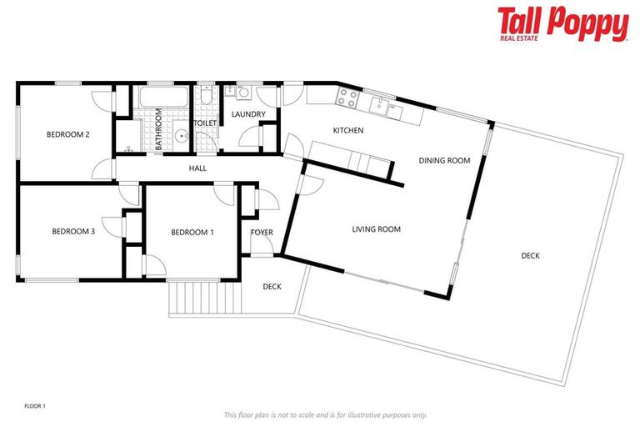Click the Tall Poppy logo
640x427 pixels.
(x=562, y=24)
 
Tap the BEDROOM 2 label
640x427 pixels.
(x=67, y=134)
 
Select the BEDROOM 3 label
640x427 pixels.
(x=73, y=232)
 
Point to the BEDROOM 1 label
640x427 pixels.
(x=192, y=232)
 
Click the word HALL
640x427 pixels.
(x=197, y=168)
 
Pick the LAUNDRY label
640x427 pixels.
(x=248, y=114)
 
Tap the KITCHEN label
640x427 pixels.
(x=348, y=131)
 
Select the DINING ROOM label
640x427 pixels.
(x=444, y=161)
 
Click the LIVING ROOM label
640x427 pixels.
(x=376, y=229)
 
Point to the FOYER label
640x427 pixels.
(x=262, y=232)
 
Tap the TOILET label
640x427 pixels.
(x=205, y=123)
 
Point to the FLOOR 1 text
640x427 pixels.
(x=35, y=406)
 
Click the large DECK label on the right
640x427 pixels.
(x=530, y=256)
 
